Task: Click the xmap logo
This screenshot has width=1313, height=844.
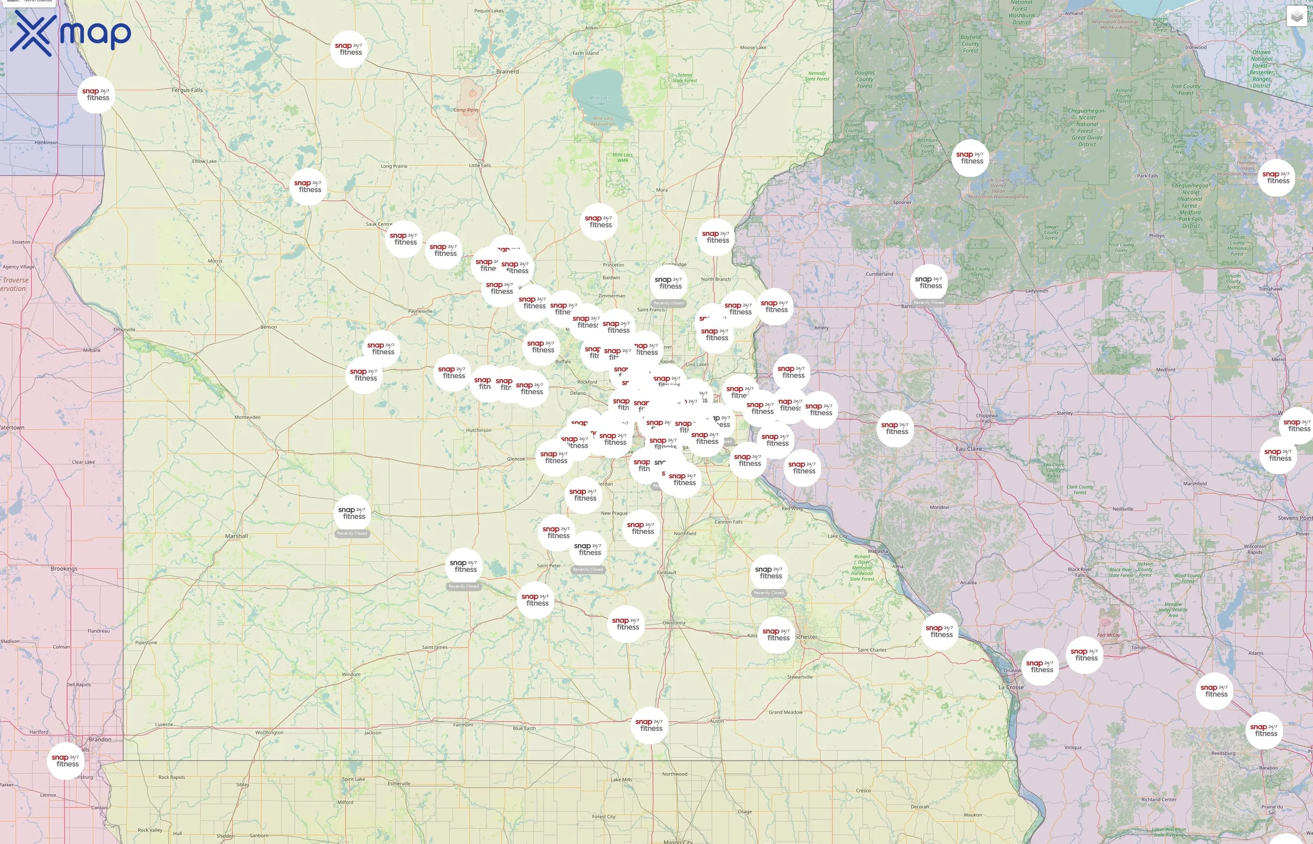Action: (x=70, y=33)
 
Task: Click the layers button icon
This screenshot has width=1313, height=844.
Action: (x=1296, y=17)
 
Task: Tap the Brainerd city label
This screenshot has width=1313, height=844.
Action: (x=507, y=71)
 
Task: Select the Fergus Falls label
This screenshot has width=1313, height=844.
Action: (x=187, y=90)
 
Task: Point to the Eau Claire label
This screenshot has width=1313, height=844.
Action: (x=968, y=449)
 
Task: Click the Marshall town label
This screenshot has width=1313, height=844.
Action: (x=236, y=536)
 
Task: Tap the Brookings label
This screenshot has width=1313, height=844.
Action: (x=64, y=569)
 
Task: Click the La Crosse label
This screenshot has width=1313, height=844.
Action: (x=1011, y=687)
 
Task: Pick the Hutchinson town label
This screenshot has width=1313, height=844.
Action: (x=478, y=430)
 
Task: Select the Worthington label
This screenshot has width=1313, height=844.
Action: (x=269, y=732)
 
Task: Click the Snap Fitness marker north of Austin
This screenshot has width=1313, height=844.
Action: (x=650, y=725)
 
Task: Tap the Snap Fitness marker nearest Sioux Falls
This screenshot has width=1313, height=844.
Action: (x=66, y=761)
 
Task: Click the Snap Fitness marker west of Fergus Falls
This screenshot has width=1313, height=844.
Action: (x=97, y=95)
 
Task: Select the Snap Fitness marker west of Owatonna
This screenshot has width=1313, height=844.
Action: (x=626, y=624)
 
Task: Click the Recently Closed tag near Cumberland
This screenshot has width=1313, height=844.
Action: (x=929, y=302)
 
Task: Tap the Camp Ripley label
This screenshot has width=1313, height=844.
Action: (x=466, y=110)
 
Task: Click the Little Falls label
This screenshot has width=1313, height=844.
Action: (x=480, y=166)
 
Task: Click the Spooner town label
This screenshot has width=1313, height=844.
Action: (x=902, y=202)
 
